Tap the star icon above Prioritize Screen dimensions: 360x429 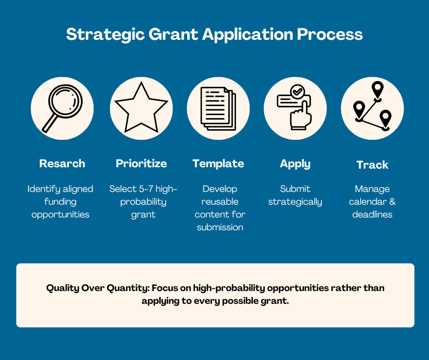pos(141,108)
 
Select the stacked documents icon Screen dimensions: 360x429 pos(218,108)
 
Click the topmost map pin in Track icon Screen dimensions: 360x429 pos(377,90)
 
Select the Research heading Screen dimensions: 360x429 pos(62,164)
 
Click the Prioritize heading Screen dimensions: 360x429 pos(141,164)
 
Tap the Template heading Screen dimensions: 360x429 pos(218,164)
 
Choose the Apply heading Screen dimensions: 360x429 pos(295,164)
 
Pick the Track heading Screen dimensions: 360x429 pos(372,165)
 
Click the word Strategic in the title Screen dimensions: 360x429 pos(102,35)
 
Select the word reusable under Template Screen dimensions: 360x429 pos(220,201)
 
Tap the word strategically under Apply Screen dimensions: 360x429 pos(295,201)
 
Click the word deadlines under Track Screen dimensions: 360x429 pos(372,214)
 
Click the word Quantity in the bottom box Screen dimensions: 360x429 pos(127,288)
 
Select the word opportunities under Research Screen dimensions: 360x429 pos(60,214)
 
